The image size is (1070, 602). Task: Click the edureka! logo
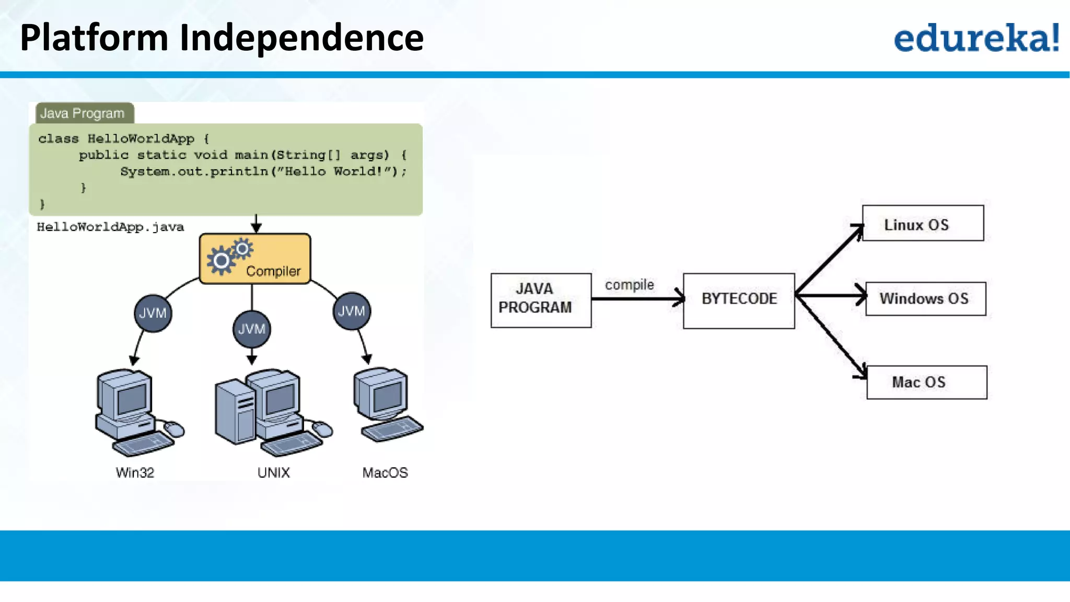point(976,38)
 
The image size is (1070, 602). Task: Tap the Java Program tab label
point(83,113)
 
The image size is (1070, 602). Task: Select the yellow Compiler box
point(255,259)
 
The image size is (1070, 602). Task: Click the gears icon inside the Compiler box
point(229,256)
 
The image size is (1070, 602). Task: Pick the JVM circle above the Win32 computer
point(153,313)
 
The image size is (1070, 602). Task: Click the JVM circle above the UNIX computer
point(252,329)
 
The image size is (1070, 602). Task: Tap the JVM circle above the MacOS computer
point(351,311)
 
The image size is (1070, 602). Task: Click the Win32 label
point(135,472)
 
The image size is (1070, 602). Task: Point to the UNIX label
point(273,472)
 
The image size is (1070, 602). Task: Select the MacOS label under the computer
point(385,472)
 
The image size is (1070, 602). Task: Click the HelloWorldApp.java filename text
point(110,227)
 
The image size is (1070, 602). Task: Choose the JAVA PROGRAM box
point(541,300)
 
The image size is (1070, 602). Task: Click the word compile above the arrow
point(629,285)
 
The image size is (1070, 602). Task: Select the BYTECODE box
point(739,300)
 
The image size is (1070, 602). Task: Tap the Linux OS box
point(923,223)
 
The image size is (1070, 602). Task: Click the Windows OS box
point(925,298)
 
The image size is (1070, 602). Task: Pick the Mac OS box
point(926,382)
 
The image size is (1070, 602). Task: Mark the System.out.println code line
point(263,171)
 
